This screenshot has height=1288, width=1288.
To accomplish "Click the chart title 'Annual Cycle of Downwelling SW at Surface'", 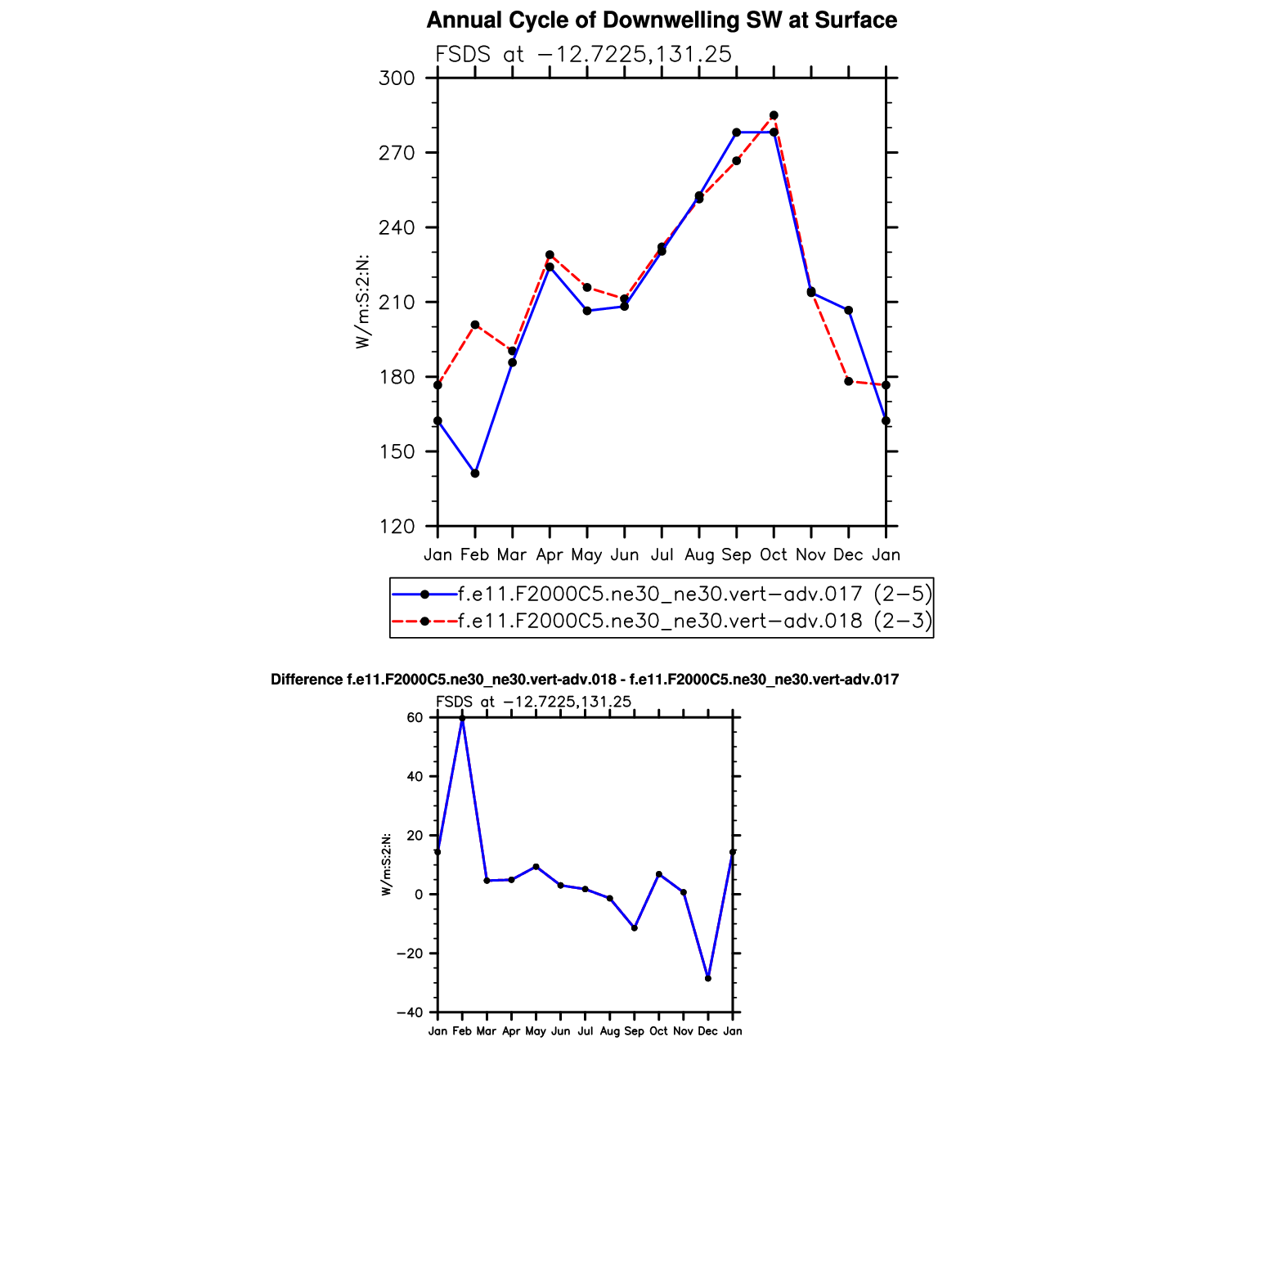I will tap(662, 20).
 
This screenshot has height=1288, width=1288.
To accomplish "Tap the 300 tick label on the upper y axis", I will tap(397, 79).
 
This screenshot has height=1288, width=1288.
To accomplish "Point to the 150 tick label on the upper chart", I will tap(397, 451).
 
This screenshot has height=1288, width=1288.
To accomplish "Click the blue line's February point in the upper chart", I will tap(475, 473).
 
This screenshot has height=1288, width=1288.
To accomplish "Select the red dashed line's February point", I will tap(475, 325).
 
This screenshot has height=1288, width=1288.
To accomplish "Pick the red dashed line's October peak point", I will tap(774, 115).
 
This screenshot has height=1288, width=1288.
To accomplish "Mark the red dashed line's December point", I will tap(849, 381).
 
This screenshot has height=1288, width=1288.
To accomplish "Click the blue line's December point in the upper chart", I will tap(849, 311).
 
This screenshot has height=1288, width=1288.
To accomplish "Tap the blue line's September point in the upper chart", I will tap(736, 132).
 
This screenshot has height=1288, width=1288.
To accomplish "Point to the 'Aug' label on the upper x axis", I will tap(699, 555).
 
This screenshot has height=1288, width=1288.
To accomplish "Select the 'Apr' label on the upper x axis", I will tap(550, 555).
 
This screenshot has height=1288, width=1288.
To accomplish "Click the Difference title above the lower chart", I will tap(585, 680).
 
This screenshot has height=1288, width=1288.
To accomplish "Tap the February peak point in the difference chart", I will tap(462, 718).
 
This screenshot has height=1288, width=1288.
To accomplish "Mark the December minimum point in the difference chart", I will tap(708, 978).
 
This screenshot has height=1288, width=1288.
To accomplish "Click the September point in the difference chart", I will tap(635, 928).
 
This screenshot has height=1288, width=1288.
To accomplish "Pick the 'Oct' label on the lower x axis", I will tap(658, 1031).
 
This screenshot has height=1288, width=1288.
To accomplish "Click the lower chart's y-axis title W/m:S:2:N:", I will tap(386, 864).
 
